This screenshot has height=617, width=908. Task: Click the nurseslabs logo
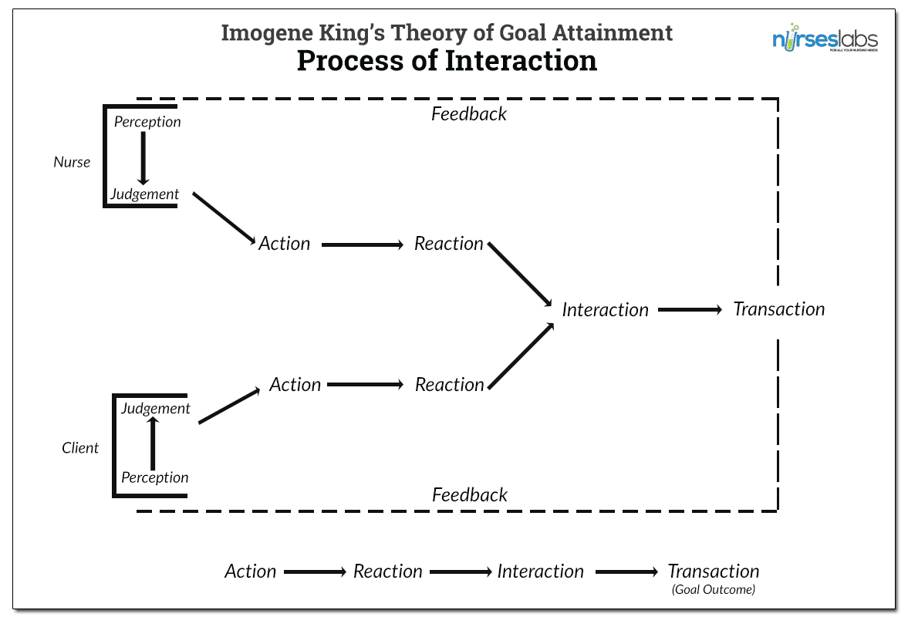point(825,40)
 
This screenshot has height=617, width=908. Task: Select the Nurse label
point(72,163)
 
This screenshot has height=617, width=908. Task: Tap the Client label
point(80,448)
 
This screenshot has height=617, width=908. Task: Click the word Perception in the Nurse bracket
point(147,122)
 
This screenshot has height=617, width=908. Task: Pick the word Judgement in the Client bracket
point(155,409)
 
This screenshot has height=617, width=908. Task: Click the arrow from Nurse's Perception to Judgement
point(143,158)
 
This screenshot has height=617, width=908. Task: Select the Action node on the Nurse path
point(284,244)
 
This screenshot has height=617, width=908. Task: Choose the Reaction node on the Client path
point(449,385)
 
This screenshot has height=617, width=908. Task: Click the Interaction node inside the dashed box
point(605,310)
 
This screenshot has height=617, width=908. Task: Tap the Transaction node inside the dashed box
point(778,309)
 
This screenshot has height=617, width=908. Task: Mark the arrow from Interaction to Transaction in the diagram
point(690,310)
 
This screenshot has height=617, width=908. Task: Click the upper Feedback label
point(469,114)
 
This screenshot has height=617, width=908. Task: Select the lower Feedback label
point(470,495)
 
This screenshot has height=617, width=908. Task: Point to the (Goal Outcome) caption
point(713,590)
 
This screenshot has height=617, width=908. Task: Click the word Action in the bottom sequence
point(251,571)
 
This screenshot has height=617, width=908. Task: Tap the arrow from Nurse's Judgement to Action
point(224,219)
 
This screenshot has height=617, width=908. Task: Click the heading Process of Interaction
point(447,60)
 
